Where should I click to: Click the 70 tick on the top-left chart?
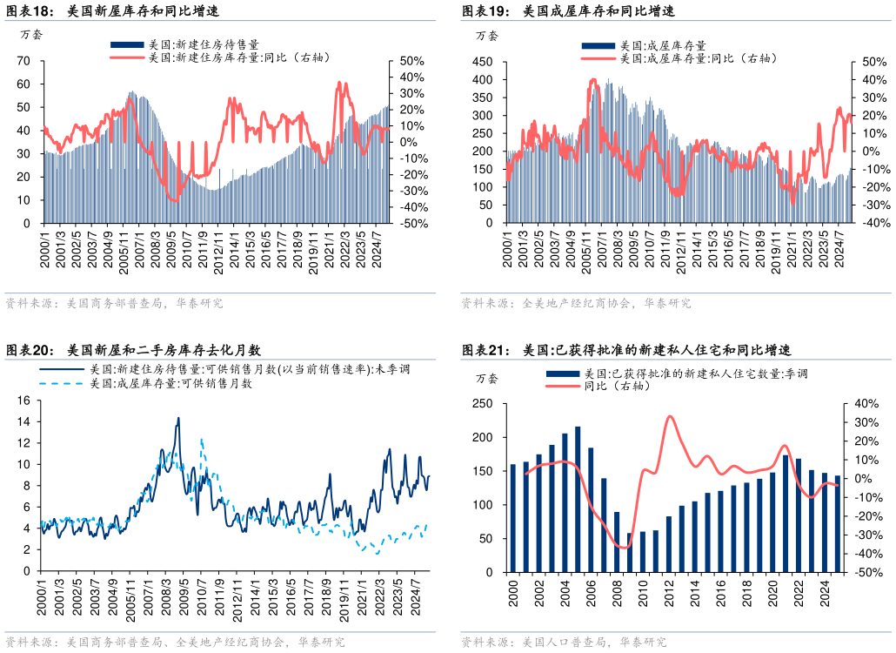[23, 61]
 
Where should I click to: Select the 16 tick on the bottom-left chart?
[23, 401]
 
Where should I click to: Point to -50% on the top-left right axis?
[412, 224]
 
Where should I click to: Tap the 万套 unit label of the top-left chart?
[31, 36]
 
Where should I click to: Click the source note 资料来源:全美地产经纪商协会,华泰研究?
[576, 304]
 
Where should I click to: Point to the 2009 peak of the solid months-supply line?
[178, 419]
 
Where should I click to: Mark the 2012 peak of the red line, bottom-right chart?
[669, 416]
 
